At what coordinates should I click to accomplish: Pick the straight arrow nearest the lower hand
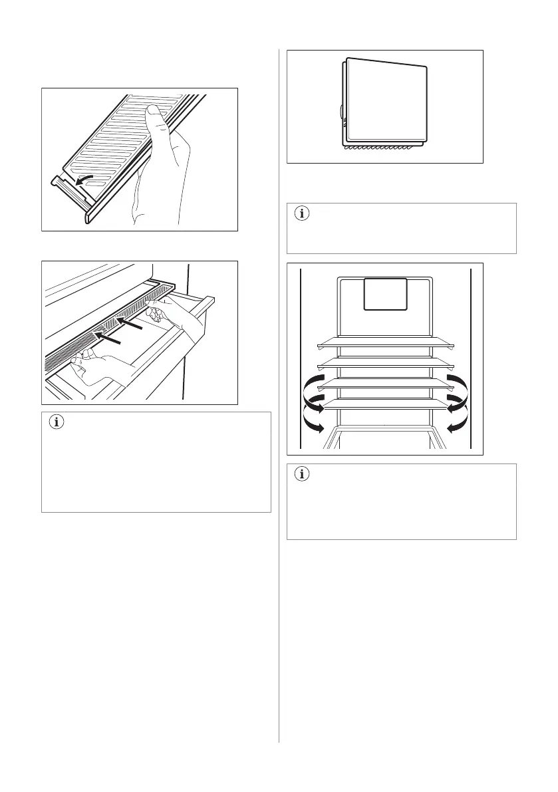107,338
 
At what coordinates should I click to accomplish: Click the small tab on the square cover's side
342,112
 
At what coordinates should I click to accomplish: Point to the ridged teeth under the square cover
382,147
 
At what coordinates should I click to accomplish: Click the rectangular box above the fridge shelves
385,294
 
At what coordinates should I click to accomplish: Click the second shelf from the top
385,364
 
